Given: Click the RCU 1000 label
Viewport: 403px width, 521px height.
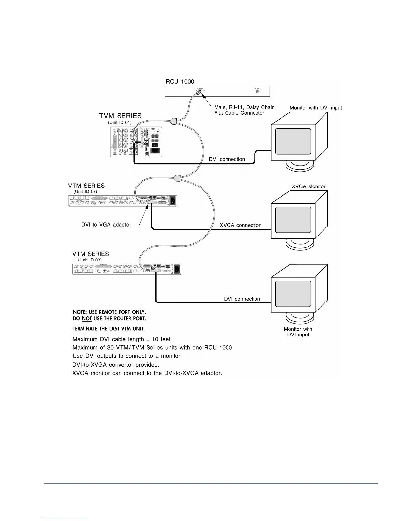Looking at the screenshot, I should (180, 81).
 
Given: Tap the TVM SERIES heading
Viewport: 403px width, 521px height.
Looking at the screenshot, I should (121, 116).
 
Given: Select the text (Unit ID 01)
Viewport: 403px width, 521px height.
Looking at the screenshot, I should (120, 122).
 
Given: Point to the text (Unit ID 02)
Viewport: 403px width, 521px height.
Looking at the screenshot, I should (85, 191).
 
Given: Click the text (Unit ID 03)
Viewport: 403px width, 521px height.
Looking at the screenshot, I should (90, 260).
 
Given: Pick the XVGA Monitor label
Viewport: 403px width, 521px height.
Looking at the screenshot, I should (309, 186).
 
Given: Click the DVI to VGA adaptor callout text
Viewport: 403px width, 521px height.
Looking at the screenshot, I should (106, 225).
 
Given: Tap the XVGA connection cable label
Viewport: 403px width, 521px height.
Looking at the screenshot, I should (241, 225).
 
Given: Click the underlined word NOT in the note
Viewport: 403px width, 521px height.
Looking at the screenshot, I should (87, 318).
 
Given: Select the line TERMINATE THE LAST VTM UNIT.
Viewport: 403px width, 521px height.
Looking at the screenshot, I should (109, 329).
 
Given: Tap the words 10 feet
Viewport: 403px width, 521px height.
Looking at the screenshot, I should (161, 339).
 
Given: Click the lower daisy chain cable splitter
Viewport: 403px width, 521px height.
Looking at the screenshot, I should (177, 178).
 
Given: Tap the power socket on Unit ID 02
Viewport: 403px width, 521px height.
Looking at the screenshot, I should (173, 199).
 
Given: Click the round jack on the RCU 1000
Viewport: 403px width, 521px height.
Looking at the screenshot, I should (257, 91).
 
